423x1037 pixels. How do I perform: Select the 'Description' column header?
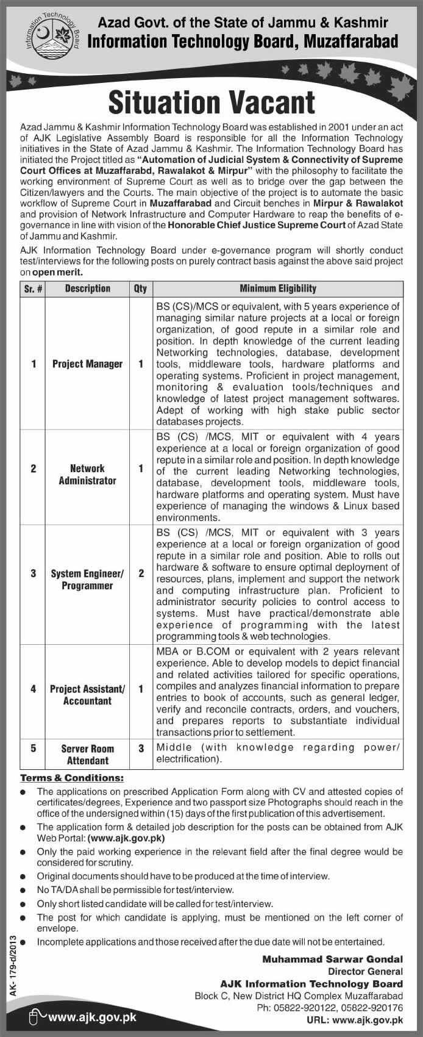click(87, 289)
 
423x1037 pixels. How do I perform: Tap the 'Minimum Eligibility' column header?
click(278, 289)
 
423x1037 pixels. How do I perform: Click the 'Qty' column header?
click(141, 289)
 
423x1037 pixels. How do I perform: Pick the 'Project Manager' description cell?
click(87, 364)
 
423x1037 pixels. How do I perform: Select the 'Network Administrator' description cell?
click(87, 475)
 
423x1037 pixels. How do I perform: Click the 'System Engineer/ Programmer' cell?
click(87, 579)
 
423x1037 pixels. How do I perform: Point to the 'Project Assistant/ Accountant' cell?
click(87, 695)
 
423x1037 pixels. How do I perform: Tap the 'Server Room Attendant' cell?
click(87, 755)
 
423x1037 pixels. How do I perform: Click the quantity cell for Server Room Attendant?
click(141, 748)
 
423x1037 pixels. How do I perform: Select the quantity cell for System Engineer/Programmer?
click(141, 573)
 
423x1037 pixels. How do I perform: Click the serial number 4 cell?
click(34, 689)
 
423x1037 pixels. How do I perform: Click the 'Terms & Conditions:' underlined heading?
click(72, 778)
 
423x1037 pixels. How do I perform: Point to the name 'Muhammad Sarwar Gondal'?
click(333, 960)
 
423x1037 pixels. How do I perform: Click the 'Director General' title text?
click(365, 971)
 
